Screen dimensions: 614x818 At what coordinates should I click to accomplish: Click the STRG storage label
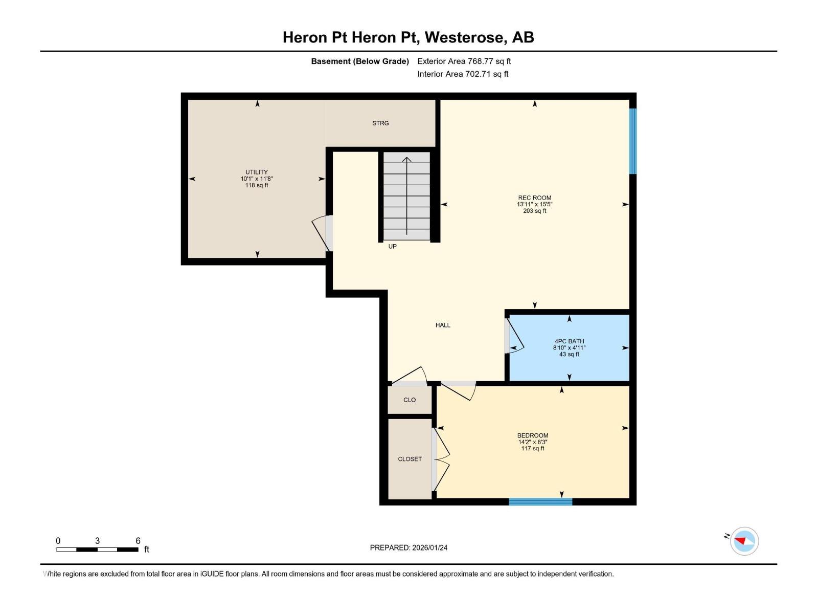point(380,123)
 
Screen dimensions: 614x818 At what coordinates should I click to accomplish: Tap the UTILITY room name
point(256,172)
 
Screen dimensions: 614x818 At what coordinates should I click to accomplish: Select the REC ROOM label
point(535,198)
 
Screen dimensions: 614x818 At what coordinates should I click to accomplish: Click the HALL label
point(443,325)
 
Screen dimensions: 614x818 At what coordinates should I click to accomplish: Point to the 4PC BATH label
point(569,341)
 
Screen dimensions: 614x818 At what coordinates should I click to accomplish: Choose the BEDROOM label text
point(533,436)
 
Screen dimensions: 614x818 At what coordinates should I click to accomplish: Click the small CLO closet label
point(410,400)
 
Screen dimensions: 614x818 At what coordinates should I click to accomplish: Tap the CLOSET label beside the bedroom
point(410,459)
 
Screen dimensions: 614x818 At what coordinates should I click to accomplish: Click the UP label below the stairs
point(393,247)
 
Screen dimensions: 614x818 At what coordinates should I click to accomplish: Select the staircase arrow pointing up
point(407,194)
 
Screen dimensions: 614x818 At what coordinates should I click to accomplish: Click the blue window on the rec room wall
point(633,141)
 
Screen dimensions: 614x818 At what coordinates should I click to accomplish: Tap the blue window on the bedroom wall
point(540,502)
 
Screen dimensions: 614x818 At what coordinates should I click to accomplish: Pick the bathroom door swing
point(515,336)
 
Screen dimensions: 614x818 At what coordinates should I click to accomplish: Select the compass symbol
point(744,541)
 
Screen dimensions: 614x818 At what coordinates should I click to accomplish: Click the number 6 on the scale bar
point(138,541)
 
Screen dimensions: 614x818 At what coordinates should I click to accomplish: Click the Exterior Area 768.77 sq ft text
point(464,61)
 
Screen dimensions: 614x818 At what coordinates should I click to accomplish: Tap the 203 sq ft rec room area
point(535,211)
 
